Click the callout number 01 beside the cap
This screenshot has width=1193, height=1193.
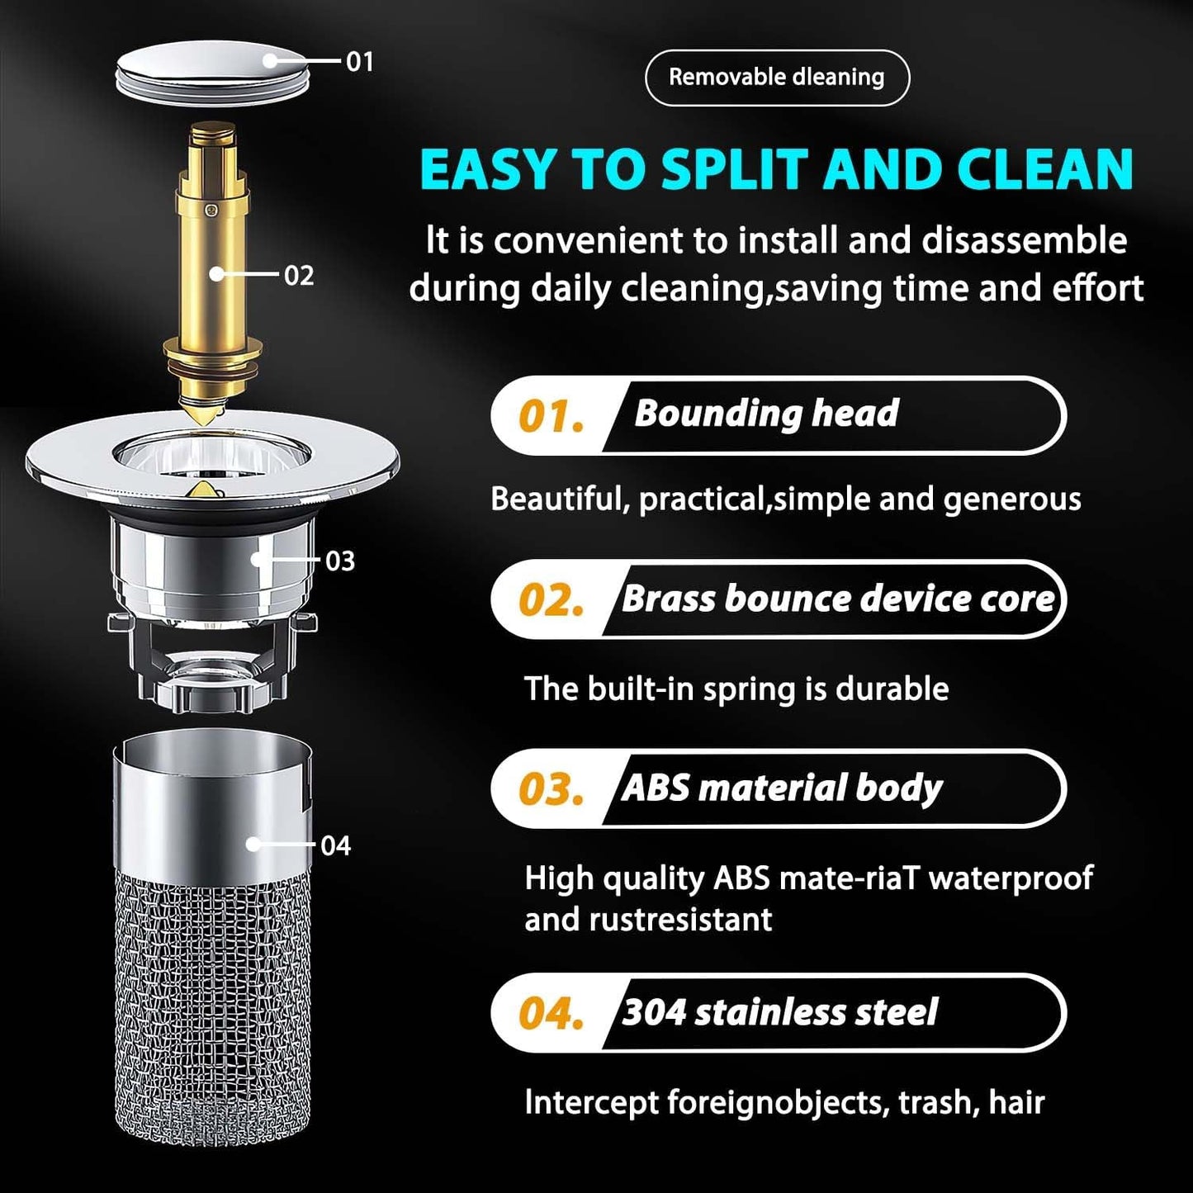(x=359, y=62)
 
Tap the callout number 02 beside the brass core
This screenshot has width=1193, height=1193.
(x=299, y=275)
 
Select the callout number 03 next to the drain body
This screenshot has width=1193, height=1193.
(x=340, y=561)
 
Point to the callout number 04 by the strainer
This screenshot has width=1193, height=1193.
(x=335, y=845)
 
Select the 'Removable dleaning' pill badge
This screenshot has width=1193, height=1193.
(x=776, y=78)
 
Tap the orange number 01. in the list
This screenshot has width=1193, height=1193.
(x=551, y=417)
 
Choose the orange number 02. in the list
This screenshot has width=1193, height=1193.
(x=551, y=601)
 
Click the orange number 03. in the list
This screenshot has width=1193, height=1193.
(x=551, y=790)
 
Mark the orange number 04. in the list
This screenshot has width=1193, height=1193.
(x=551, y=1014)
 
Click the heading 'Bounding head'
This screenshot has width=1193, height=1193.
(x=766, y=414)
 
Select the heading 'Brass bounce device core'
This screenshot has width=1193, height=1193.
(x=837, y=599)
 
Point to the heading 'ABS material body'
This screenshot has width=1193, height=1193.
(x=781, y=788)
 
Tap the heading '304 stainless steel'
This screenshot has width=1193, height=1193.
(x=779, y=1013)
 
